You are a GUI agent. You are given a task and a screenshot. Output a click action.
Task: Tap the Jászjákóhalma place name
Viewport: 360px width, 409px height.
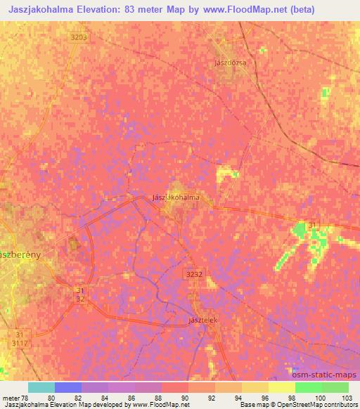[176, 197]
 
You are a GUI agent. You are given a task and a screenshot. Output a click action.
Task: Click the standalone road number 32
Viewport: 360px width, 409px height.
[81, 299]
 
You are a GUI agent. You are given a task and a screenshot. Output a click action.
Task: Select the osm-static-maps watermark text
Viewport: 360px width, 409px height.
[330, 375]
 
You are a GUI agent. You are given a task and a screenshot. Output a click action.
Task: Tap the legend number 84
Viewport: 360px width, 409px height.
[105, 398]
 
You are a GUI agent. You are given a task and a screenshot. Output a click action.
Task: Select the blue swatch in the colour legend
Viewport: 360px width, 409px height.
[67, 387]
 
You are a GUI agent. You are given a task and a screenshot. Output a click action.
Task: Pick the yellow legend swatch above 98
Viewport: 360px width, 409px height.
[281, 387]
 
